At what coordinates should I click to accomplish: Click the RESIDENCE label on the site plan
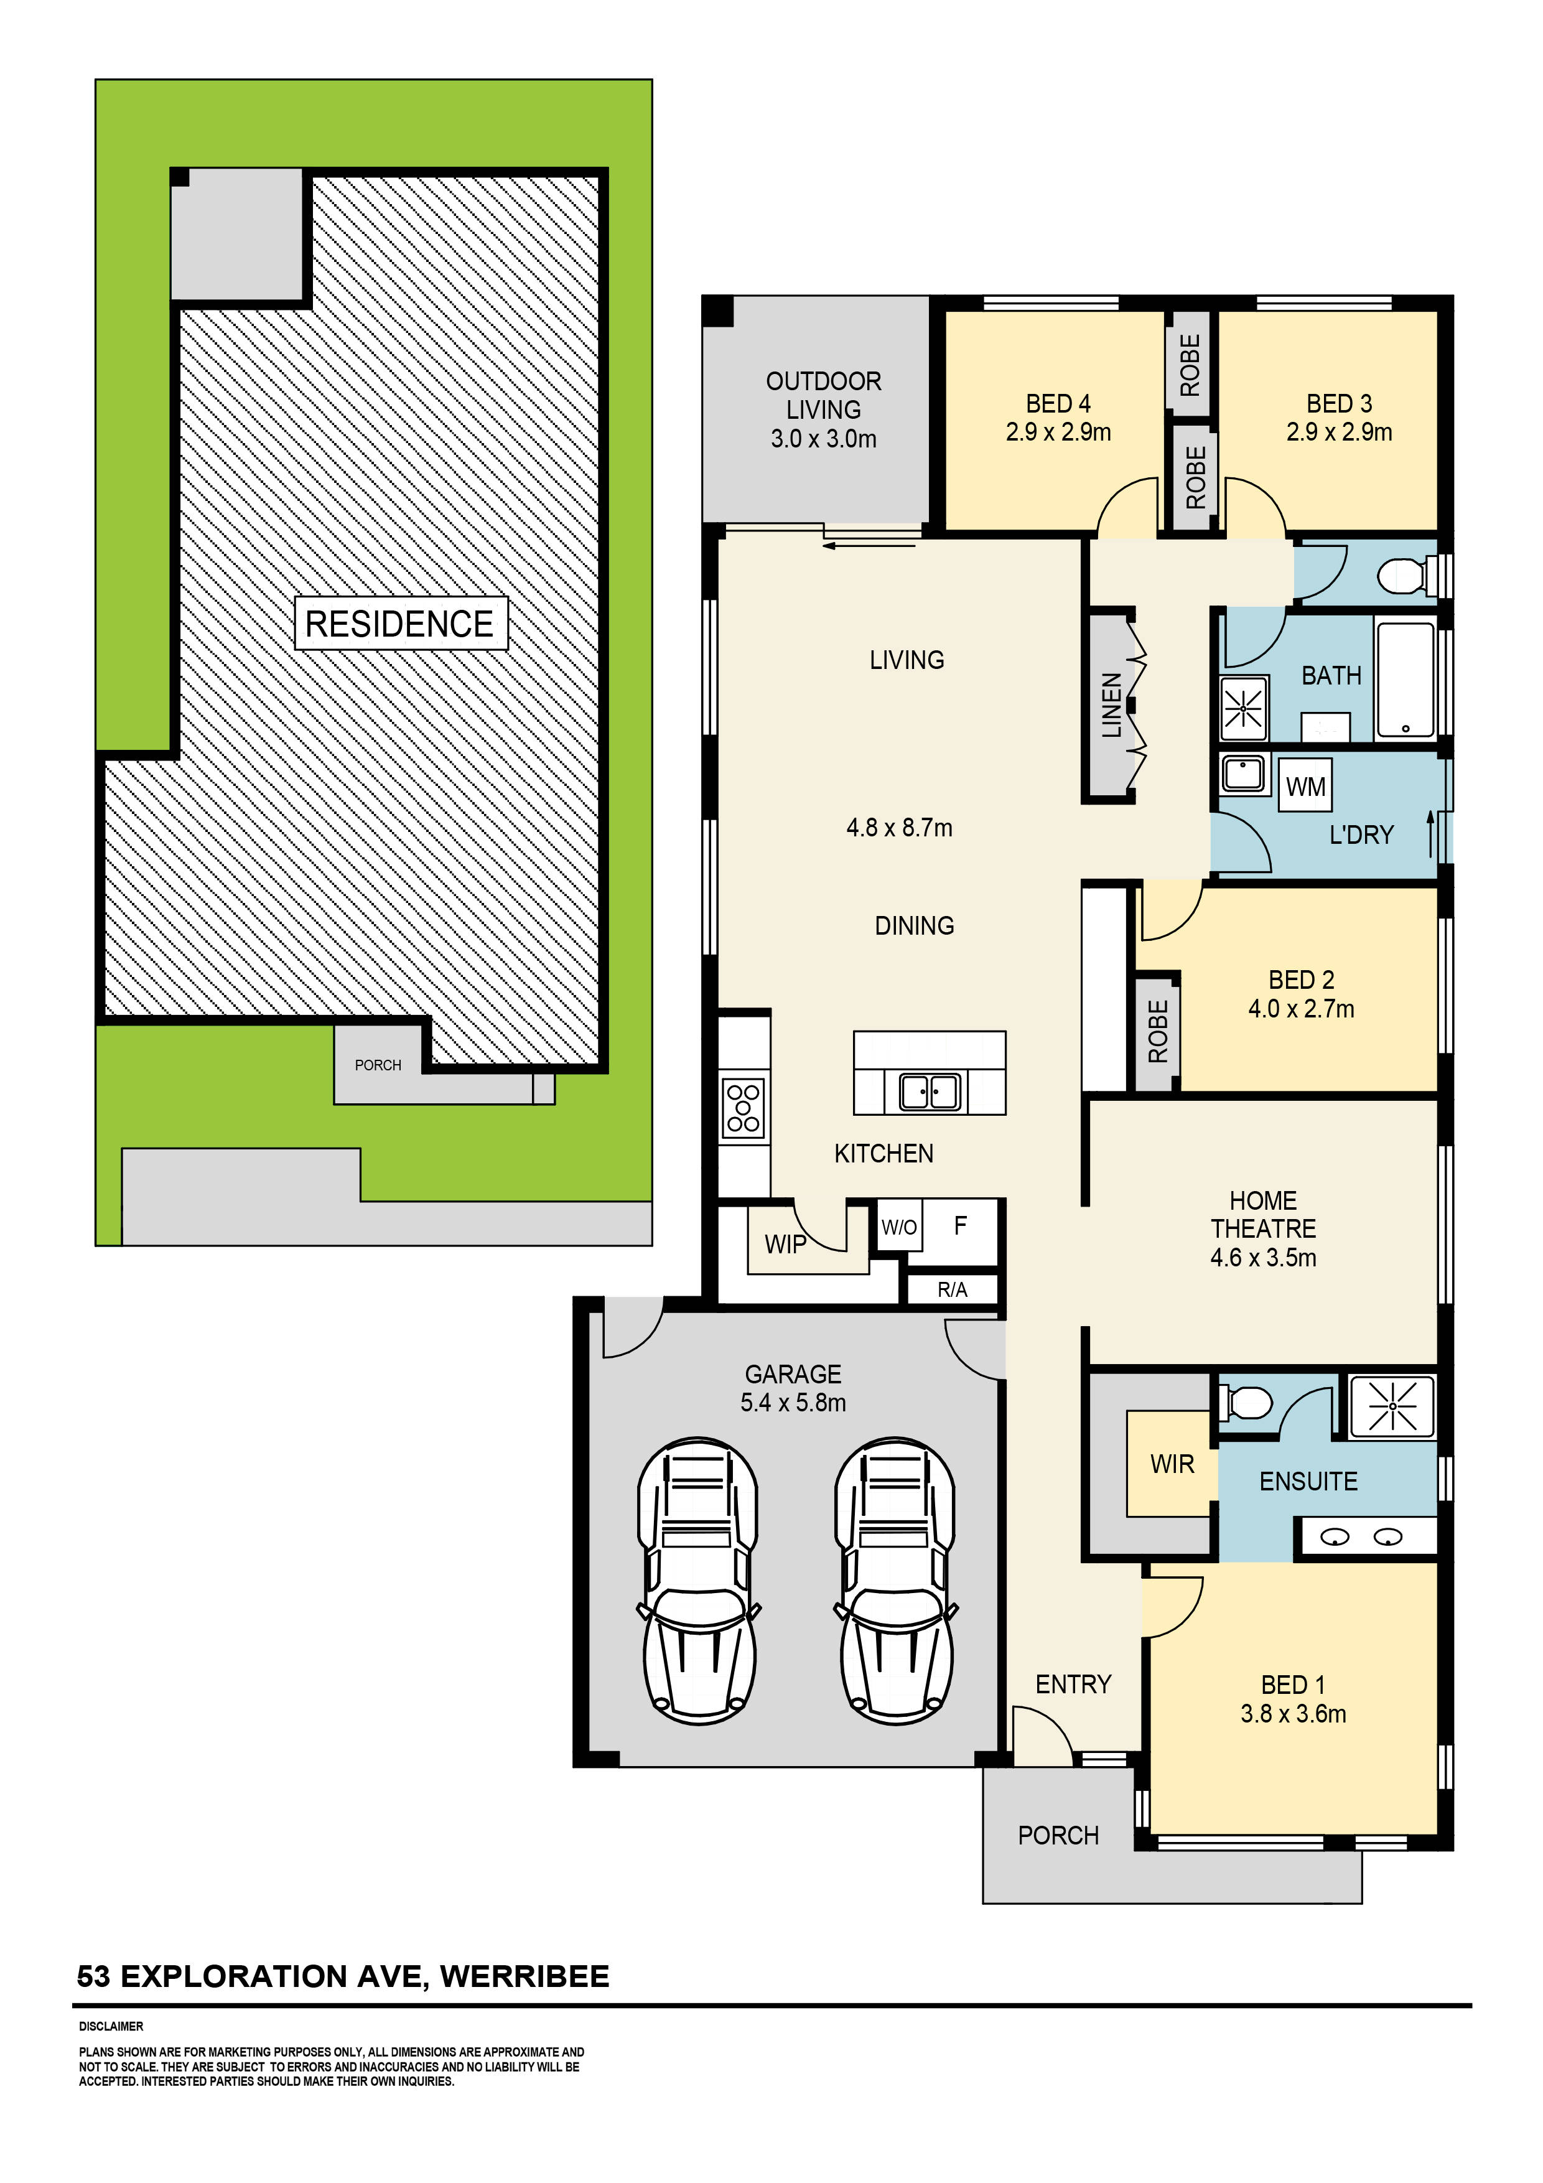(x=399, y=624)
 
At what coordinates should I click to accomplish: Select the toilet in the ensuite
(x=1247, y=1403)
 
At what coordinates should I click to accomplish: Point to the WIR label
(x=1172, y=1464)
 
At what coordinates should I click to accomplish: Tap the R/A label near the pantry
(x=952, y=1289)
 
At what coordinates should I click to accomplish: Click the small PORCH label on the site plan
(x=378, y=1065)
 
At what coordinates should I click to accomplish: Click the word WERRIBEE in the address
(x=524, y=1976)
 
